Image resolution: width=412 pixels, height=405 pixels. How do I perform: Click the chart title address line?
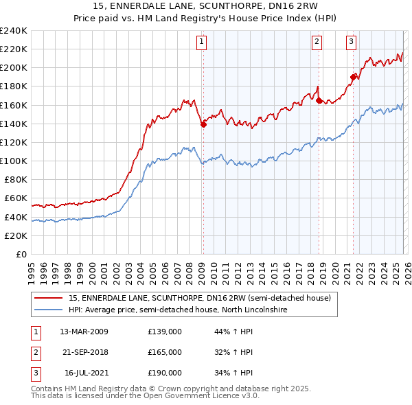pyautogui.click(x=206, y=7)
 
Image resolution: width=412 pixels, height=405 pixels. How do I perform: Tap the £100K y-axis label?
pyautogui.click(x=14, y=161)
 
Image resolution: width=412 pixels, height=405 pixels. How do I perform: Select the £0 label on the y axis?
pyautogui.click(x=21, y=254)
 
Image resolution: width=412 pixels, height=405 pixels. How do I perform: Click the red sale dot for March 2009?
pyautogui.click(x=203, y=124)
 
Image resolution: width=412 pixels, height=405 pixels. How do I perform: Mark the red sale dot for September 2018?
pyautogui.click(x=319, y=100)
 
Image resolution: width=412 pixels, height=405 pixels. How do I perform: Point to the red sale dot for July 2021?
pyautogui.click(x=353, y=77)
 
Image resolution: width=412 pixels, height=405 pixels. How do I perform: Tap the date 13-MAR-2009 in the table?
pyautogui.click(x=84, y=332)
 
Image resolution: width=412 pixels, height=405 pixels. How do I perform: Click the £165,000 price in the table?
pyautogui.click(x=165, y=352)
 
